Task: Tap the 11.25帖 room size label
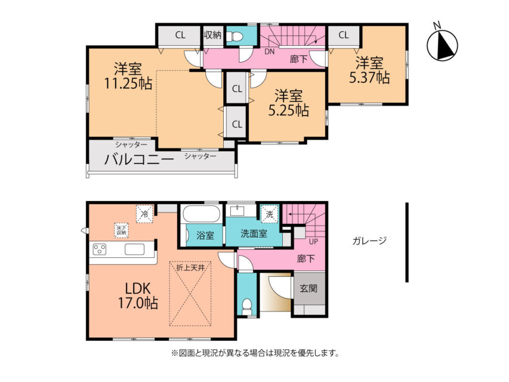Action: click(x=128, y=76)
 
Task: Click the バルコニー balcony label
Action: click(x=139, y=159)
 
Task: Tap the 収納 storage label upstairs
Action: click(x=212, y=35)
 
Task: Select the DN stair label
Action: click(x=270, y=52)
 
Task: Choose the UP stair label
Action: click(x=313, y=242)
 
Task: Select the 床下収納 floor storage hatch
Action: click(x=122, y=230)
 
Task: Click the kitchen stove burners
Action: click(x=99, y=249)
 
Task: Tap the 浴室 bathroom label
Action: click(x=205, y=236)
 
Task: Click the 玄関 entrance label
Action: click(x=309, y=288)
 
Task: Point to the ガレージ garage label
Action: click(x=369, y=241)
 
